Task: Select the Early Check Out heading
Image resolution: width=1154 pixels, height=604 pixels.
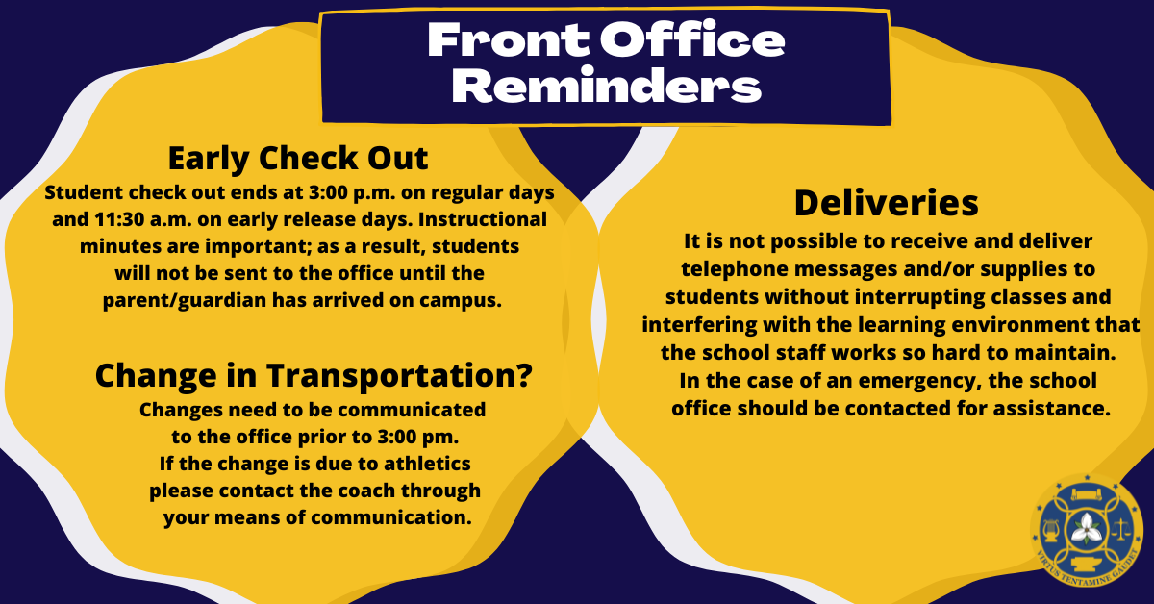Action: pos(298,158)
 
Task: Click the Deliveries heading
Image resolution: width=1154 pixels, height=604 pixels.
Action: pos(886,203)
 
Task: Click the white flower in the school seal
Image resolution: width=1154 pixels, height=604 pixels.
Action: pos(1088,528)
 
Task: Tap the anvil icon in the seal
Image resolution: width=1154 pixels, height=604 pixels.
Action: pos(1088,565)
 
